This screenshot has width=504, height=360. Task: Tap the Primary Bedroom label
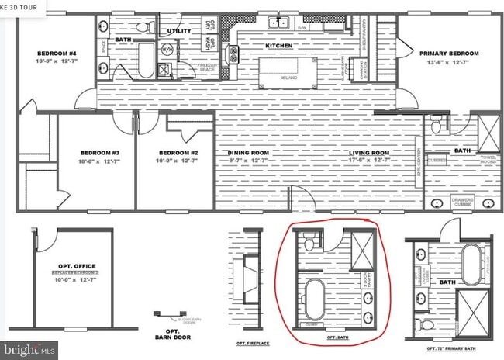coord(450,54)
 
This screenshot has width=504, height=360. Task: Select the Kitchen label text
coord(279,46)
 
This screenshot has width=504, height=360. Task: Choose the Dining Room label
coord(248,152)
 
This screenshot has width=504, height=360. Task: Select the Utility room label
coord(180,31)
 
